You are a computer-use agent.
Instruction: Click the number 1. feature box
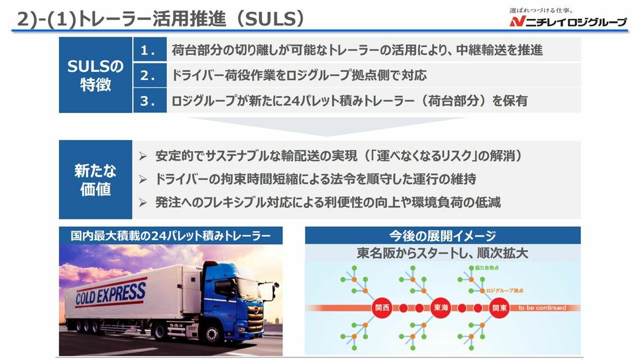pos(150,49)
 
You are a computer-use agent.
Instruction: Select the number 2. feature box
pos(150,75)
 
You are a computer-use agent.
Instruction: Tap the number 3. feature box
pos(150,100)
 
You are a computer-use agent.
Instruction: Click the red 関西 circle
pos(382,308)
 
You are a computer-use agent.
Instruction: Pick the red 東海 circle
pos(441,308)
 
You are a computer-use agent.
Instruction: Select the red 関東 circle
pos(499,308)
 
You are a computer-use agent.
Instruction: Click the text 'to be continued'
pos(542,308)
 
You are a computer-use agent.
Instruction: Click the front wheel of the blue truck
pos(212,335)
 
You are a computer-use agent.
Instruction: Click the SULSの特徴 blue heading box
pos(95,75)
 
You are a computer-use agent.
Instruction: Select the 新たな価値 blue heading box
pos(95,179)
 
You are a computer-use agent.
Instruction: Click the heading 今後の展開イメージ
pos(443,235)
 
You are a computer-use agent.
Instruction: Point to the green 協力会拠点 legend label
pos(486,268)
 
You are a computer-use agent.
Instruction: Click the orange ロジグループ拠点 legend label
pos(505,291)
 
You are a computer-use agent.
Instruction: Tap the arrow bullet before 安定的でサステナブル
pos(142,156)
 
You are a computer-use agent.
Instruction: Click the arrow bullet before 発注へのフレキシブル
pos(142,203)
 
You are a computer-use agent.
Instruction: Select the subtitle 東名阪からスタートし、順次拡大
pos(443,253)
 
